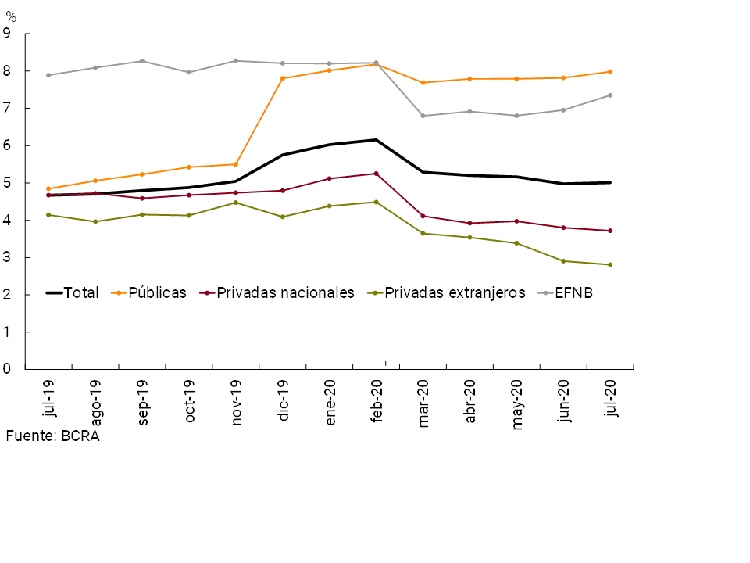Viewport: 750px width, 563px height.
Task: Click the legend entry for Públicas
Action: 157,293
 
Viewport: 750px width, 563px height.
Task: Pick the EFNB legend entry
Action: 573,293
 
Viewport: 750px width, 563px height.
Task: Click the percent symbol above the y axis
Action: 11,17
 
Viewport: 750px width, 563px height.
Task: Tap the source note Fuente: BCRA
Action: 52,436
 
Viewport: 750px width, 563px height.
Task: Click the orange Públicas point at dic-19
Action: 283,78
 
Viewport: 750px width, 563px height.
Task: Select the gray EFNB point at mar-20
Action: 423,116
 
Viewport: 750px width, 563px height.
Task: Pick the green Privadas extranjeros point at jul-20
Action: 610,264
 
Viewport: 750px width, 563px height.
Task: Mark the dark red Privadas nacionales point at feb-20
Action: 376,174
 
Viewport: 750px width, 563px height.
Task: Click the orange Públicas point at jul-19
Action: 48,188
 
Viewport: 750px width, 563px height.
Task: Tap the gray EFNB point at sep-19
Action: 142,61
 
